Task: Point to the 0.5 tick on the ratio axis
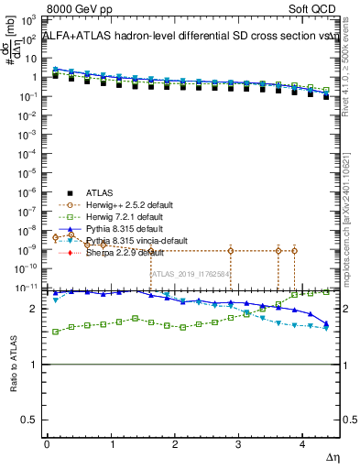(29, 420)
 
